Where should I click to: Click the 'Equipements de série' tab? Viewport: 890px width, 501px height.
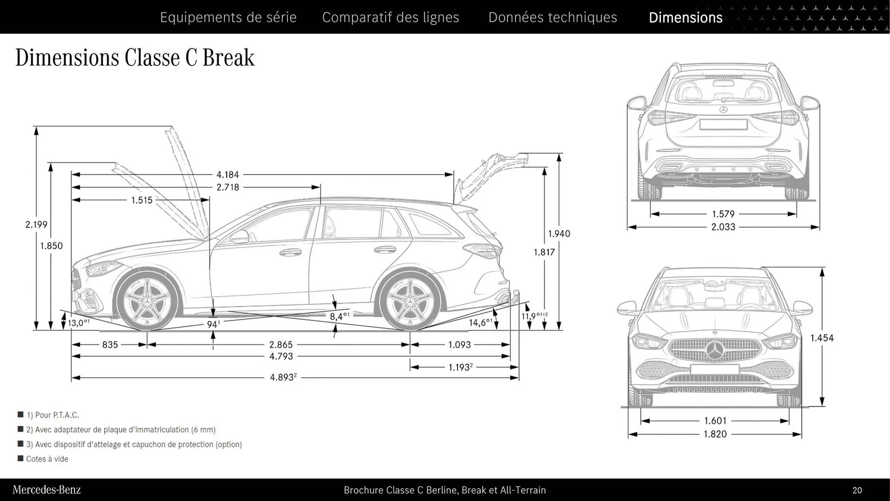point(228,17)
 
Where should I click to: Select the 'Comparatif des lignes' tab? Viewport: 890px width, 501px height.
point(390,17)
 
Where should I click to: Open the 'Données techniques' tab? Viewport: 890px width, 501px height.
point(553,17)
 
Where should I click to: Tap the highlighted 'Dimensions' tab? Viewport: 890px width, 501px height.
point(685,17)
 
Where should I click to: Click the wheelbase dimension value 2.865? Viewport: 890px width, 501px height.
point(281,345)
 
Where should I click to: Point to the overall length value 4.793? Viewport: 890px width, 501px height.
point(281,356)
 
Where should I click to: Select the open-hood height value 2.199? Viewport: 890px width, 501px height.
point(36,225)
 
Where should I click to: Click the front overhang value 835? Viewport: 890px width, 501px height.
point(110,345)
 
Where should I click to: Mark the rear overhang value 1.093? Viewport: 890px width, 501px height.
point(459,345)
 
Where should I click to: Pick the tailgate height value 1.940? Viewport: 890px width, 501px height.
point(559,234)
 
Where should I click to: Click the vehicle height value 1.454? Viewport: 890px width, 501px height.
point(822,338)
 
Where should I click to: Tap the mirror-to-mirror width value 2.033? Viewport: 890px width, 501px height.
point(723,227)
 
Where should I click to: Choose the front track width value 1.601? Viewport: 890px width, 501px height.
point(715,421)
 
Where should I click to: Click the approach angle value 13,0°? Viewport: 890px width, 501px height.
point(78,322)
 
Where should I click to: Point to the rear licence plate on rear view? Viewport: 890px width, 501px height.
point(723,124)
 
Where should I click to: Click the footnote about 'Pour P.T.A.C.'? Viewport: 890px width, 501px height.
point(52,415)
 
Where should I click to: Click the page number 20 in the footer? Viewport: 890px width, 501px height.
point(857,490)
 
